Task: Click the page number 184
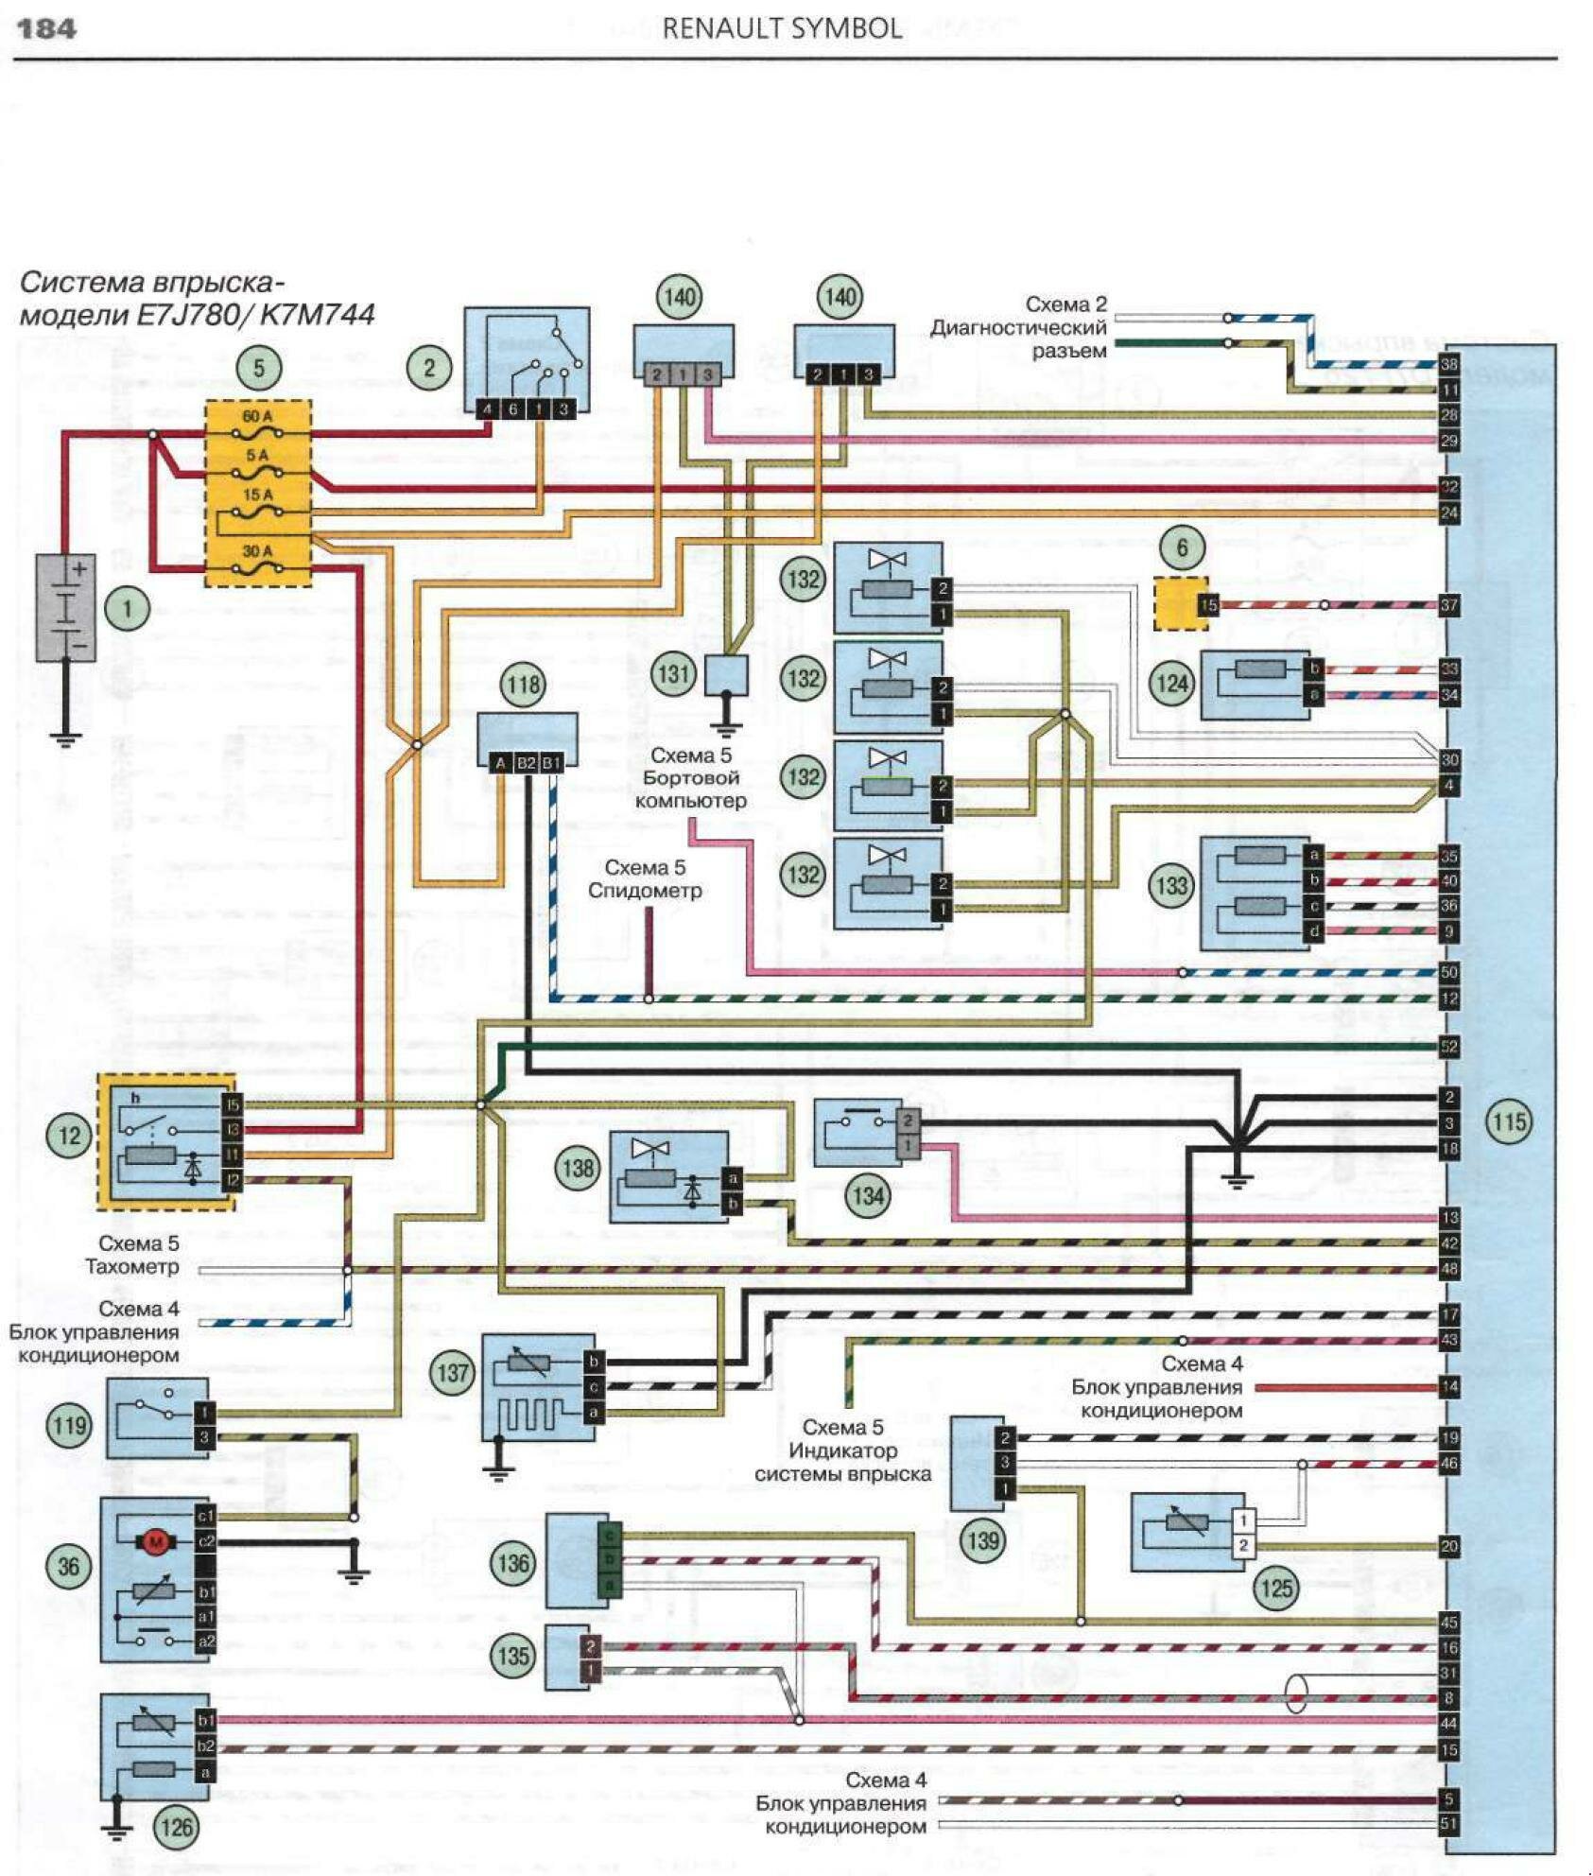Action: pos(45,28)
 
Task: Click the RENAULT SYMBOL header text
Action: pos(782,28)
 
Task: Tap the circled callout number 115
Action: pos(1508,1121)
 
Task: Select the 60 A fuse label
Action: pos(257,416)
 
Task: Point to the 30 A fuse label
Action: pos(257,550)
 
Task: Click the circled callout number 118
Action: pos(524,684)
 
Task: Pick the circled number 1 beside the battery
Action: pos(127,608)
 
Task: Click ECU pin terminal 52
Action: pos(1448,1047)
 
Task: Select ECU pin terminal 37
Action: pos(1448,605)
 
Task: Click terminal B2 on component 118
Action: pos(526,763)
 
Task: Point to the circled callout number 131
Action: pos(673,674)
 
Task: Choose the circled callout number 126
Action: pos(177,1827)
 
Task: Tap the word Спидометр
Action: pos(645,891)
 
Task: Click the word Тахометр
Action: pos(131,1266)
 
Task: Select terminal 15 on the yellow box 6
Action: pos(1208,605)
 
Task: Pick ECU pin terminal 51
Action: pos(1448,1824)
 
